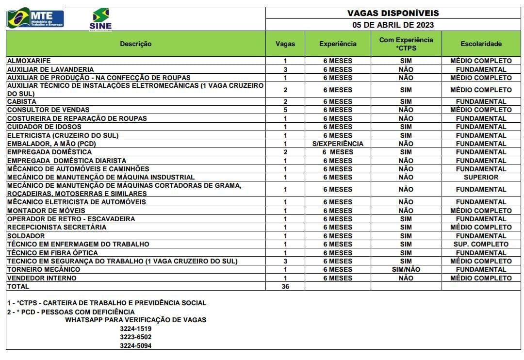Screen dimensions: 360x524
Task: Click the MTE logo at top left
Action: click(x=35, y=18)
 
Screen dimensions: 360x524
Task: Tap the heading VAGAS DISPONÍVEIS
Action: click(x=393, y=13)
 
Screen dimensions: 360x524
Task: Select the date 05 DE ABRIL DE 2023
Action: click(x=393, y=25)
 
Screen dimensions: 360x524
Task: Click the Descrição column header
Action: click(x=136, y=44)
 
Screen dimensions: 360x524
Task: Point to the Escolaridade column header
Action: click(x=481, y=44)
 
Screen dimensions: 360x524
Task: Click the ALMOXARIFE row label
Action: click(x=29, y=61)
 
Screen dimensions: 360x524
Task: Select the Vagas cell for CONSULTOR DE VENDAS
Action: click(x=285, y=110)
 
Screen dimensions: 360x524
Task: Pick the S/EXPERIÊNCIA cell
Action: click(x=338, y=144)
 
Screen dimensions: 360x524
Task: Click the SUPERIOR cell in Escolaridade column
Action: click(x=481, y=178)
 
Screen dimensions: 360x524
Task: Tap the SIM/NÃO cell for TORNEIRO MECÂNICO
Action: click(x=406, y=270)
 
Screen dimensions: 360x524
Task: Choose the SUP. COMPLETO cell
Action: click(x=481, y=245)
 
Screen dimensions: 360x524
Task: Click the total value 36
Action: click(x=285, y=287)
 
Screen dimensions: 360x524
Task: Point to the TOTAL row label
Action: click(x=18, y=287)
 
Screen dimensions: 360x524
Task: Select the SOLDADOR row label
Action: click(x=26, y=236)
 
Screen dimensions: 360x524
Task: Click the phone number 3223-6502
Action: click(x=136, y=337)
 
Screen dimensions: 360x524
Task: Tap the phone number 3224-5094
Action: click(x=136, y=345)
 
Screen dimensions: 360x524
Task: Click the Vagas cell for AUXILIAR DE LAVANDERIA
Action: click(x=285, y=69)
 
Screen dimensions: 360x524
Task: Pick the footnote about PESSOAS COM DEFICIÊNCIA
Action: click(x=71, y=312)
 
